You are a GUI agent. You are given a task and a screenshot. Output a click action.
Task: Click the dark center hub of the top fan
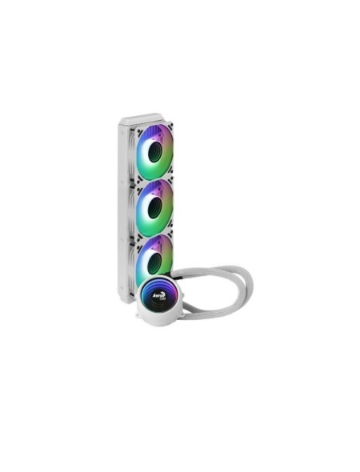[155, 152]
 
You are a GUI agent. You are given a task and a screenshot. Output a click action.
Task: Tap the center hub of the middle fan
[155, 205]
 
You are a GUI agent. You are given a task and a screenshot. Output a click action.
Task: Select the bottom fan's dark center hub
[155, 258]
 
